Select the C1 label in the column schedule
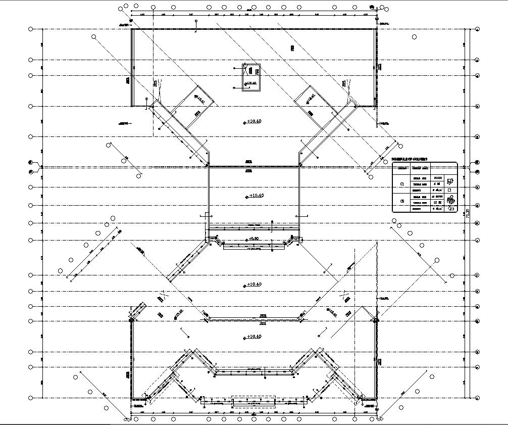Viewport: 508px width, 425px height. point(402,184)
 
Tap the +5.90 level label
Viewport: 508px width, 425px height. point(253,239)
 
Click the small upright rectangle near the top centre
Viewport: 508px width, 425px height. point(251,78)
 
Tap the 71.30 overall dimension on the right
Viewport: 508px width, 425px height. point(468,213)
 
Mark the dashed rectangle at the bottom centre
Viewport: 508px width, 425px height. point(253,401)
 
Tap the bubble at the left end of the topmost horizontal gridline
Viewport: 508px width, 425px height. point(31,29)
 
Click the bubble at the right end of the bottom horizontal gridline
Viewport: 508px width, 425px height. point(477,398)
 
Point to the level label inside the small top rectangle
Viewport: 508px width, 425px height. point(250,83)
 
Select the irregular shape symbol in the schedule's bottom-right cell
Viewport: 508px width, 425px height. point(451,208)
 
